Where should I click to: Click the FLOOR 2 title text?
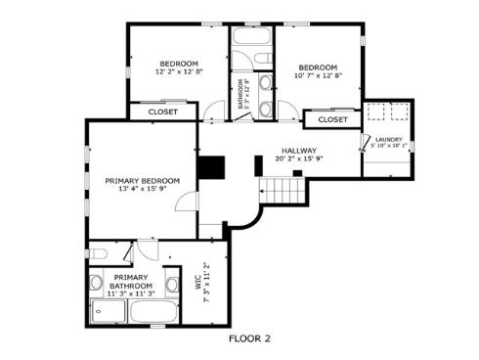coord(248,339)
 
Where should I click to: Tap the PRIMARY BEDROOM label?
coord(143,181)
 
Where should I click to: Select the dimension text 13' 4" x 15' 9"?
coord(143,190)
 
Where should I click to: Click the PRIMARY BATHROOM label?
coord(130,281)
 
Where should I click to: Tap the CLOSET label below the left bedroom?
coord(162,112)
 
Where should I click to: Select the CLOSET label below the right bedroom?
coord(332,119)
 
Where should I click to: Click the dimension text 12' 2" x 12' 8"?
coord(179,71)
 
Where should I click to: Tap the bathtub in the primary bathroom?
coord(152,313)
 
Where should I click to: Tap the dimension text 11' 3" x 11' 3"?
coord(130,292)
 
